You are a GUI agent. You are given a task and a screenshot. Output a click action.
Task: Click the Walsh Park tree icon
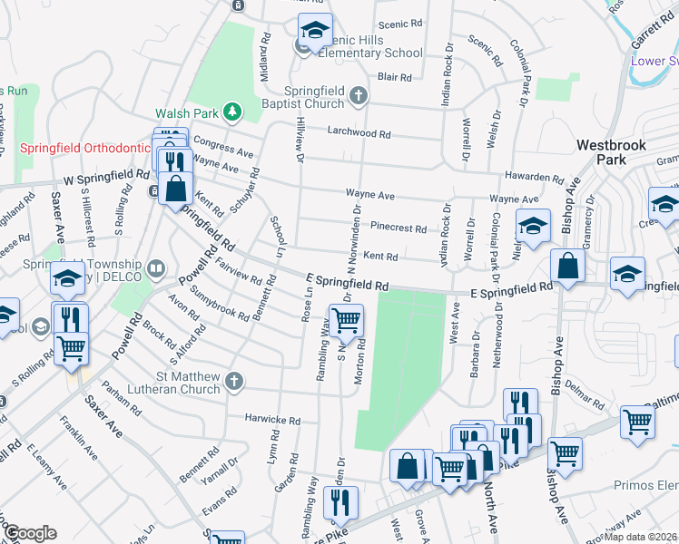point(233,112)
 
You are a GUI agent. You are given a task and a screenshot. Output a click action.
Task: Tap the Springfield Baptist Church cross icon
point(359,94)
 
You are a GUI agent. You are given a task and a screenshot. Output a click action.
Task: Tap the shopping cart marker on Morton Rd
point(346,320)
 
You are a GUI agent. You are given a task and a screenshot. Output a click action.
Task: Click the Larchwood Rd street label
point(359,133)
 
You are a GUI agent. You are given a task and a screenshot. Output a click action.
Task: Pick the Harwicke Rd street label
point(271,421)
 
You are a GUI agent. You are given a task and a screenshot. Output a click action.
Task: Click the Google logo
point(30,533)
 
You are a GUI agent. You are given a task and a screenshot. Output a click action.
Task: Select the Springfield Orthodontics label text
point(84,148)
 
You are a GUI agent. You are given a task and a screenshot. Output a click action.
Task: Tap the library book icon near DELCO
point(157,268)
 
